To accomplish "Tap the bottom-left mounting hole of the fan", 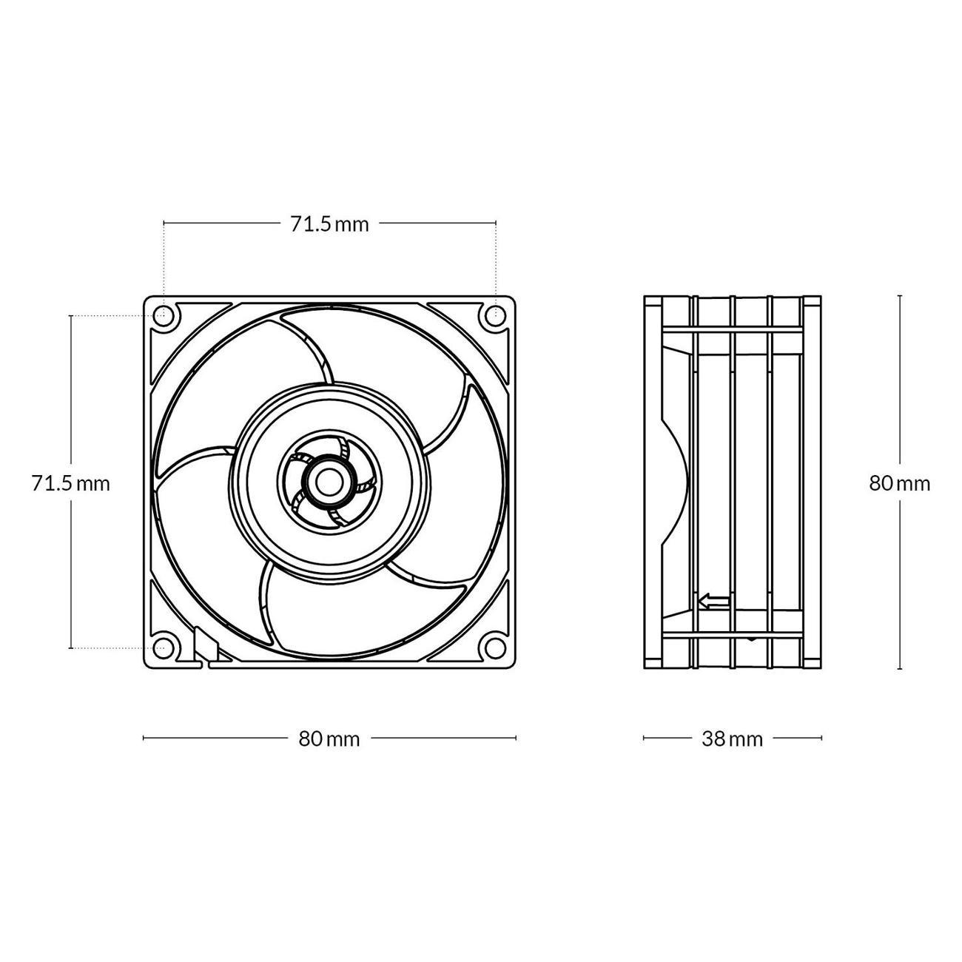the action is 164,648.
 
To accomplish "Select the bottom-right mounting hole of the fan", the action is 495,648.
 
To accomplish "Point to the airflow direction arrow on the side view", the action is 715,602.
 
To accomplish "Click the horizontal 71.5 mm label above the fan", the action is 329,225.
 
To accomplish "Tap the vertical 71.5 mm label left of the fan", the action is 71,483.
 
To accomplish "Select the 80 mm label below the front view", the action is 329,739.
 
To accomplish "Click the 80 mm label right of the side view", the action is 900,483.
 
